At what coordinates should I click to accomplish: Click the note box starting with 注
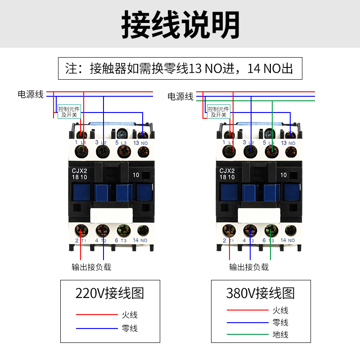(180, 68)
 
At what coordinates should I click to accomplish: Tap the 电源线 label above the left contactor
(31, 94)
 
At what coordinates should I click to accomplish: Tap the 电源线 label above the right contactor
(180, 96)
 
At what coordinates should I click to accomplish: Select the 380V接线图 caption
(261, 293)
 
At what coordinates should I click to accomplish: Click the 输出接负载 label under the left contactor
(91, 267)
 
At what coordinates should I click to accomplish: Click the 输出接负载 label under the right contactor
(249, 267)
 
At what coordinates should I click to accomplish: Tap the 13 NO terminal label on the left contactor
(140, 143)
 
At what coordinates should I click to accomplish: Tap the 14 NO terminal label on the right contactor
(289, 240)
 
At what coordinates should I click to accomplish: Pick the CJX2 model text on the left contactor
(79, 171)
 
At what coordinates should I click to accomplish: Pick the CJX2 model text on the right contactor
(227, 171)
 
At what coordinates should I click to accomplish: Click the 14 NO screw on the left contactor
(144, 230)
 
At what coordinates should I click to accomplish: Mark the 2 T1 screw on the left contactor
(81, 230)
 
